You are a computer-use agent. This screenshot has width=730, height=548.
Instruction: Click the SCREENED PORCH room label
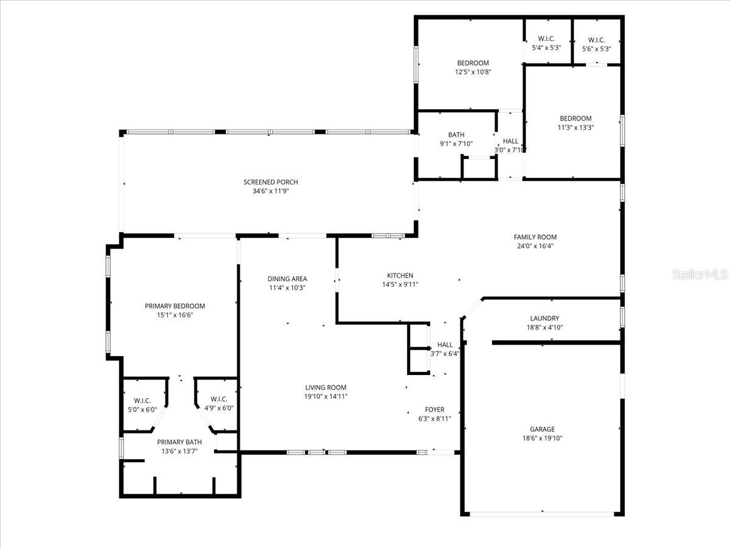coord(271,182)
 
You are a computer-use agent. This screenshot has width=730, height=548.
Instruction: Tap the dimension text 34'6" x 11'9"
coord(271,191)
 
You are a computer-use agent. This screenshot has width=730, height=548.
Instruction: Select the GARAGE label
coord(542,429)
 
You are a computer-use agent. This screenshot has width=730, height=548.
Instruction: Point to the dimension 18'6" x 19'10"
coord(542,438)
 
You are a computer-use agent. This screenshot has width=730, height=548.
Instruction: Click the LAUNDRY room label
coord(544,318)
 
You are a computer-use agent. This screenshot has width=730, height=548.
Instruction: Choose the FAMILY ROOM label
coord(535,237)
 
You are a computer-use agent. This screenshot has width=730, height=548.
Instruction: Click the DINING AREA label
coord(288,279)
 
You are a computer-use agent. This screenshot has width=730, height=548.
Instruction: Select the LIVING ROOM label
coord(325,387)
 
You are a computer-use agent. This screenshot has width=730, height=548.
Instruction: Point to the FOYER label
coord(434,410)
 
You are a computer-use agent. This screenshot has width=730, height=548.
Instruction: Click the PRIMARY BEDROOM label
coord(175,306)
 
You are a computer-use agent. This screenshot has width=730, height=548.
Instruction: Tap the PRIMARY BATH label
coord(179,443)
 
